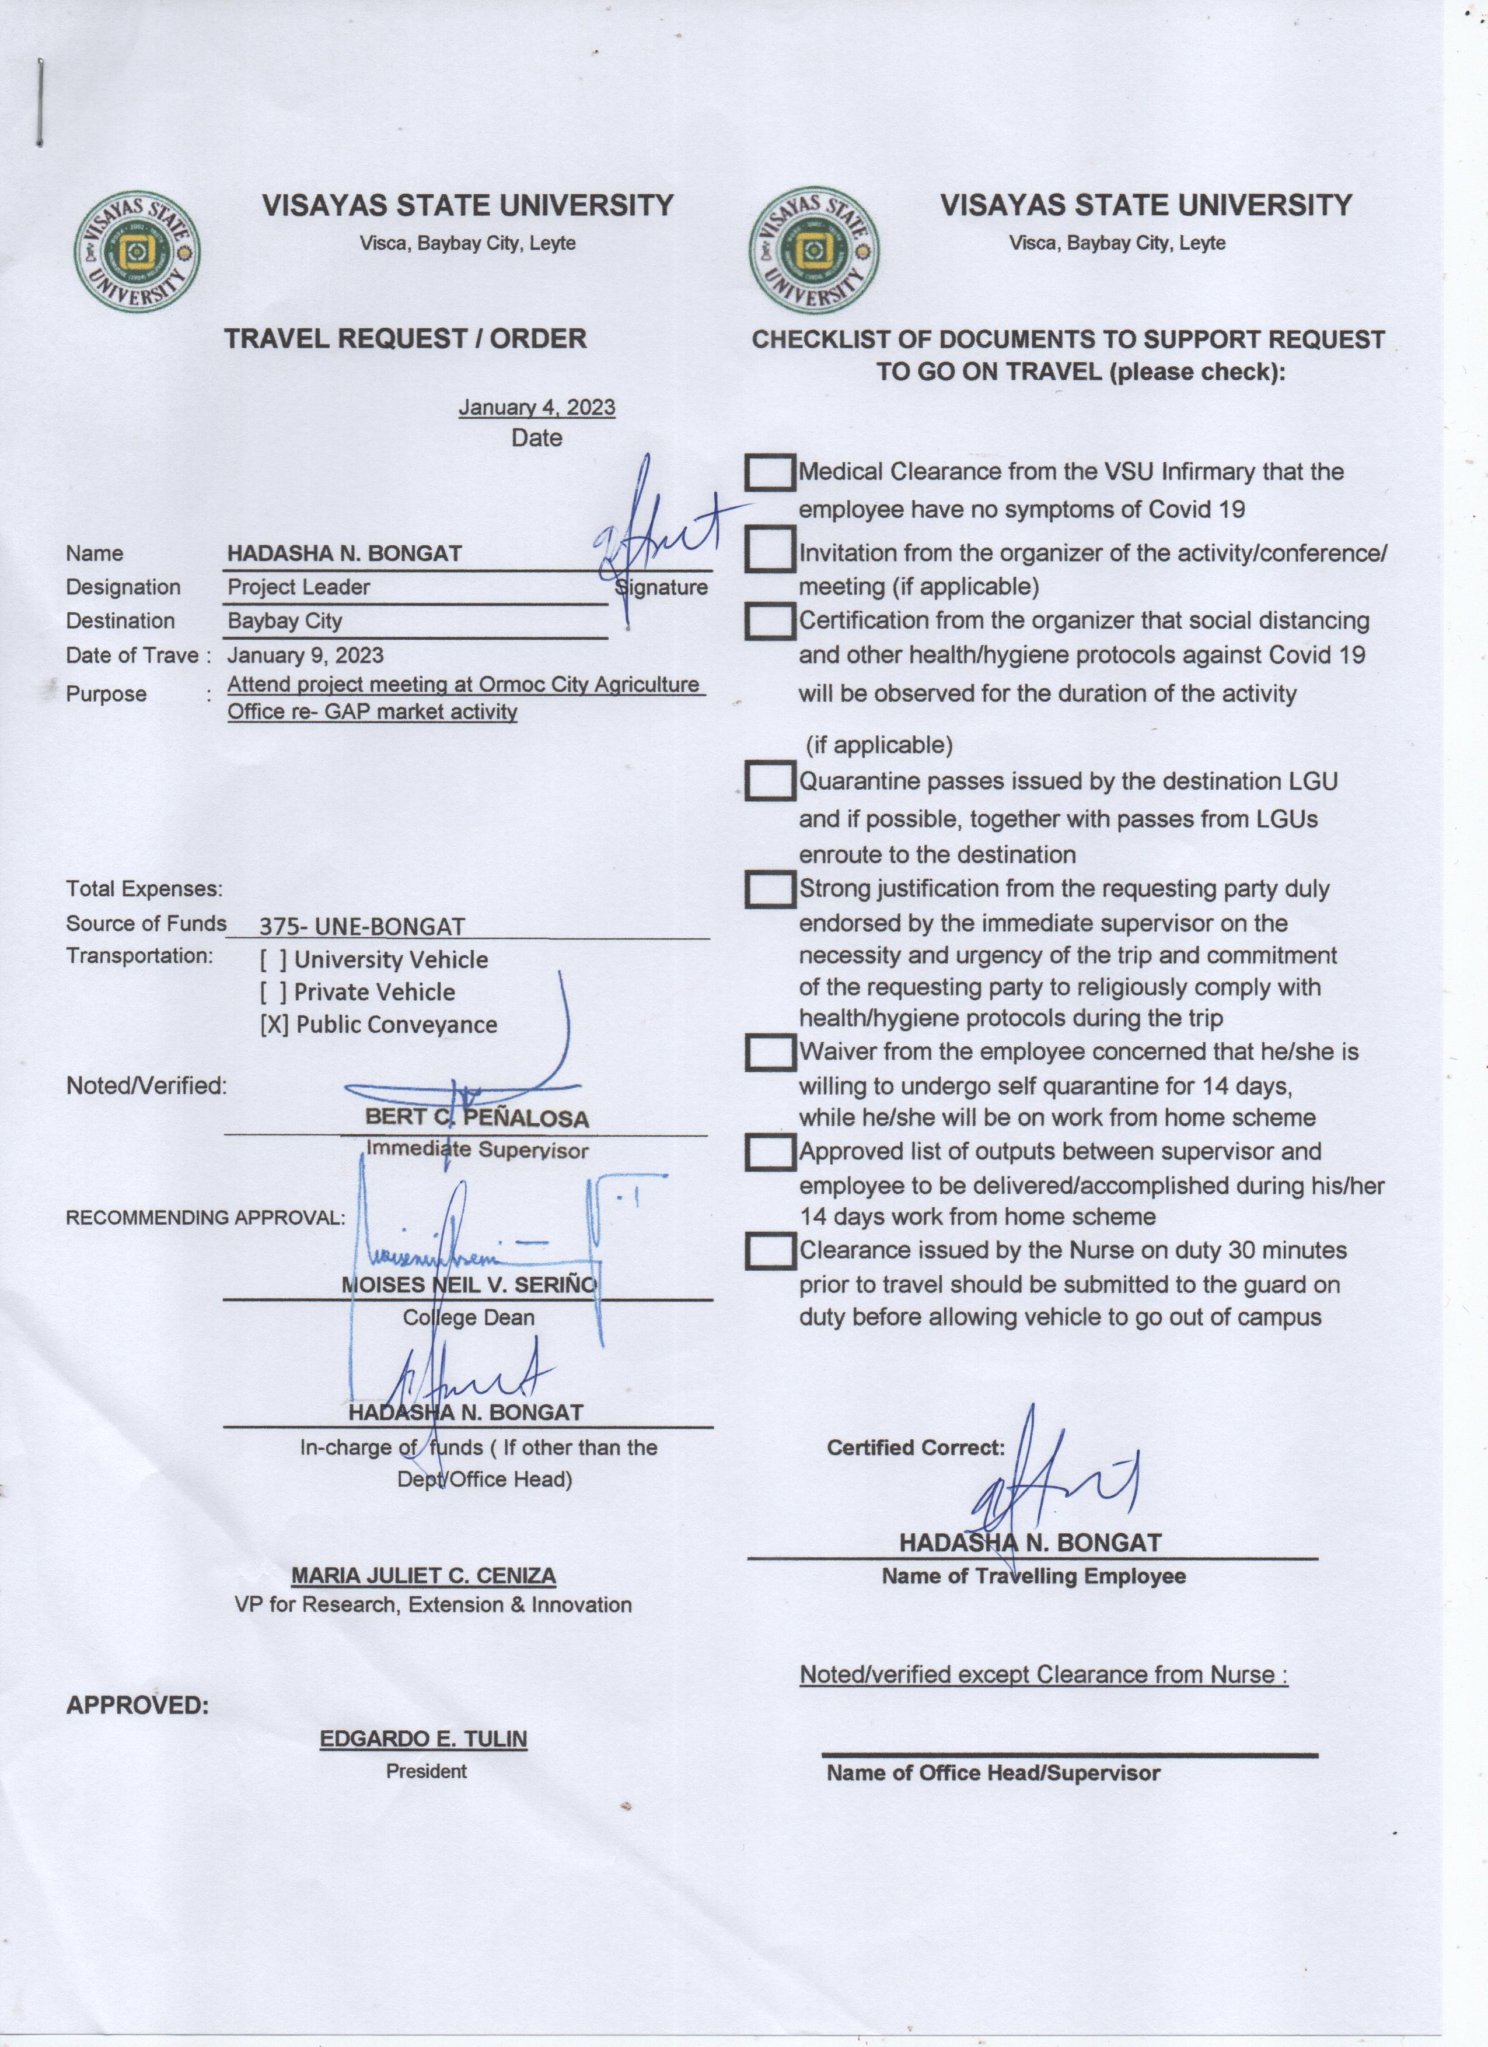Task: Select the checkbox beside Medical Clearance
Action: (770, 472)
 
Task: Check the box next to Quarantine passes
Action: (770, 781)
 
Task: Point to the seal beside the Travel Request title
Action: (137, 252)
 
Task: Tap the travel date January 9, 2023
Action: (305, 656)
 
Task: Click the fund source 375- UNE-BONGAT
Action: (362, 926)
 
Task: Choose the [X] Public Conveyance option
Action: (378, 1025)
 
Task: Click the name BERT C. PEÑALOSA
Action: (477, 1119)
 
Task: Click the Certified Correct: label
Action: (916, 1447)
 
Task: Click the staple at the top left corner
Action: (40, 101)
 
